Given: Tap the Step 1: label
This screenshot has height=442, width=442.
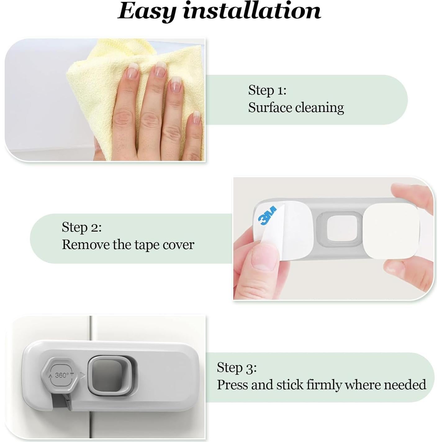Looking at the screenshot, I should click(x=267, y=90).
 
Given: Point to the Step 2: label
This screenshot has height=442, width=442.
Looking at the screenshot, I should click(x=82, y=227).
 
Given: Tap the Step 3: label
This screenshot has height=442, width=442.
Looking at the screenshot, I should click(x=237, y=368).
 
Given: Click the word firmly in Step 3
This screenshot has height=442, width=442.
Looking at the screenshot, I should click(x=324, y=385).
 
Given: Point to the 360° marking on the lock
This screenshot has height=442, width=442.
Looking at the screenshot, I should click(x=62, y=375).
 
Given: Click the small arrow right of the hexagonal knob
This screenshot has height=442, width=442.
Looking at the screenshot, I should click(x=83, y=376).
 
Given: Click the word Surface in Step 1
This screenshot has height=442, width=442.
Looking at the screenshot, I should click(x=270, y=108).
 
